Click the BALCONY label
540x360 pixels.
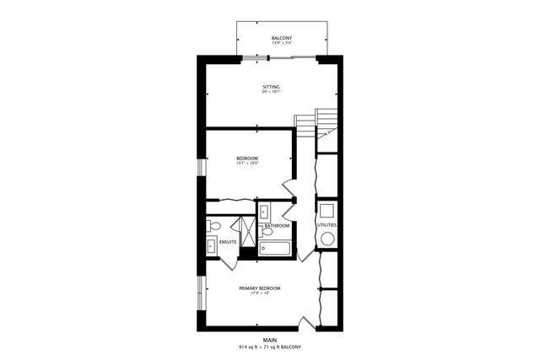[282, 39]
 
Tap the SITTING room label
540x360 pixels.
[271, 87]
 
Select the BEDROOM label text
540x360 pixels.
[247, 158]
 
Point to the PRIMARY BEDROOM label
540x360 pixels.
[259, 288]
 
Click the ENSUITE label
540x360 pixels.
[228, 243]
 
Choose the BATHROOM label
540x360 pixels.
[277, 226]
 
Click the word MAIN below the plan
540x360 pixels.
[270, 341]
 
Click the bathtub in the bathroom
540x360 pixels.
[274, 248]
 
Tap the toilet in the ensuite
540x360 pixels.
[214, 226]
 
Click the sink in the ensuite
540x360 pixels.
[211, 246]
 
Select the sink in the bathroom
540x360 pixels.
[263, 210]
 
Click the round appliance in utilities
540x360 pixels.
[327, 239]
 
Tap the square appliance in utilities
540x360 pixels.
[327, 209]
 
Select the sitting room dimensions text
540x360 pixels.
[271, 93]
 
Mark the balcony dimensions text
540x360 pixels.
[282, 45]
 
